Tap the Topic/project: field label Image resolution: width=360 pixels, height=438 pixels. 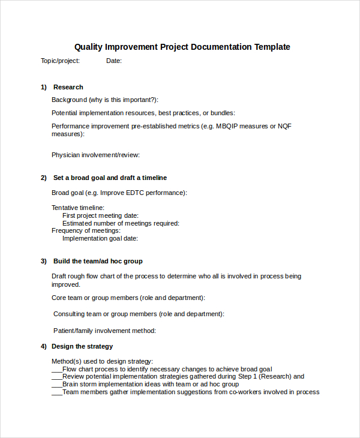pyautogui.click(x=60, y=61)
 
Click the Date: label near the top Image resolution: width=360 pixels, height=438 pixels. pyautogui.click(x=114, y=61)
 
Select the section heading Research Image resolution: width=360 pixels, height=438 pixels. pyautogui.click(x=68, y=87)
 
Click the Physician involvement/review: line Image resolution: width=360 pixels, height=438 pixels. pyautogui.click(x=95, y=155)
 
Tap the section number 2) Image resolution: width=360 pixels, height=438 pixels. pyautogui.click(x=44, y=178)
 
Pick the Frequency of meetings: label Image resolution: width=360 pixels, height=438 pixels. pyautogui.click(x=86, y=230)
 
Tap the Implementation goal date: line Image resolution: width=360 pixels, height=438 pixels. pyautogui.click(x=100, y=238)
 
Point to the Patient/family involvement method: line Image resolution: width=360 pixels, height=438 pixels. pyautogui.click(x=104, y=331)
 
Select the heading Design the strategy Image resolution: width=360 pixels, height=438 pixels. pyautogui.click(x=82, y=346)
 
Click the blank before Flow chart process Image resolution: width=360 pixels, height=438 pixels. pyautogui.click(x=57, y=370)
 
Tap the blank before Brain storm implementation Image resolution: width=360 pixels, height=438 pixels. pyautogui.click(x=57, y=385)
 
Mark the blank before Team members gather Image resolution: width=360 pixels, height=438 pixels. pyautogui.click(x=57, y=392)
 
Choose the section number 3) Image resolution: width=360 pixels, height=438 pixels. pyautogui.click(x=44, y=261)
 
